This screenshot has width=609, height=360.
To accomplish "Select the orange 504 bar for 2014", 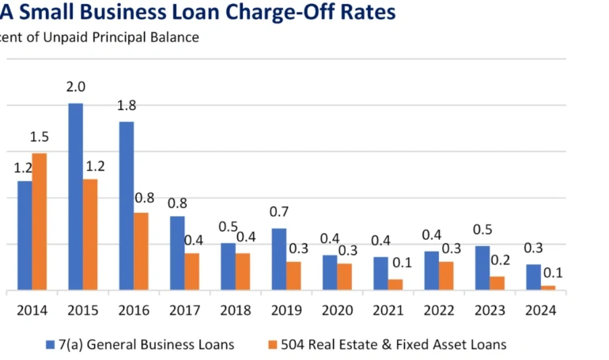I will point(39,222).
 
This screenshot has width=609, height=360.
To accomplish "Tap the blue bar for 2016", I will point(126,206).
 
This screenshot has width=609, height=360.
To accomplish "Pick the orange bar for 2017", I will point(191,271).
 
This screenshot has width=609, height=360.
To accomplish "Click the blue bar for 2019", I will point(278,259).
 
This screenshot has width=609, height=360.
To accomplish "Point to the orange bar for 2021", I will point(395,285).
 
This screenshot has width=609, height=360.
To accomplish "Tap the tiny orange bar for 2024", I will point(548,288).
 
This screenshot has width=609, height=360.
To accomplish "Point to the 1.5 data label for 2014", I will point(39,138).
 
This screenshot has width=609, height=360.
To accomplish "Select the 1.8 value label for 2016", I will point(127,106).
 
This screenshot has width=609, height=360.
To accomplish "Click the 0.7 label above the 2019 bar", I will point(279,212).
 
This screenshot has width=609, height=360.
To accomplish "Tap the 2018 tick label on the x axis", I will point(234,310).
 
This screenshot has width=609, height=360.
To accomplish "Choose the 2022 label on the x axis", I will point(437,310).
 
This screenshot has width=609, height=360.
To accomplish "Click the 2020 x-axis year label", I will point(336,310).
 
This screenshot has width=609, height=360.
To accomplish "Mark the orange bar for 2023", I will point(497,283).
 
